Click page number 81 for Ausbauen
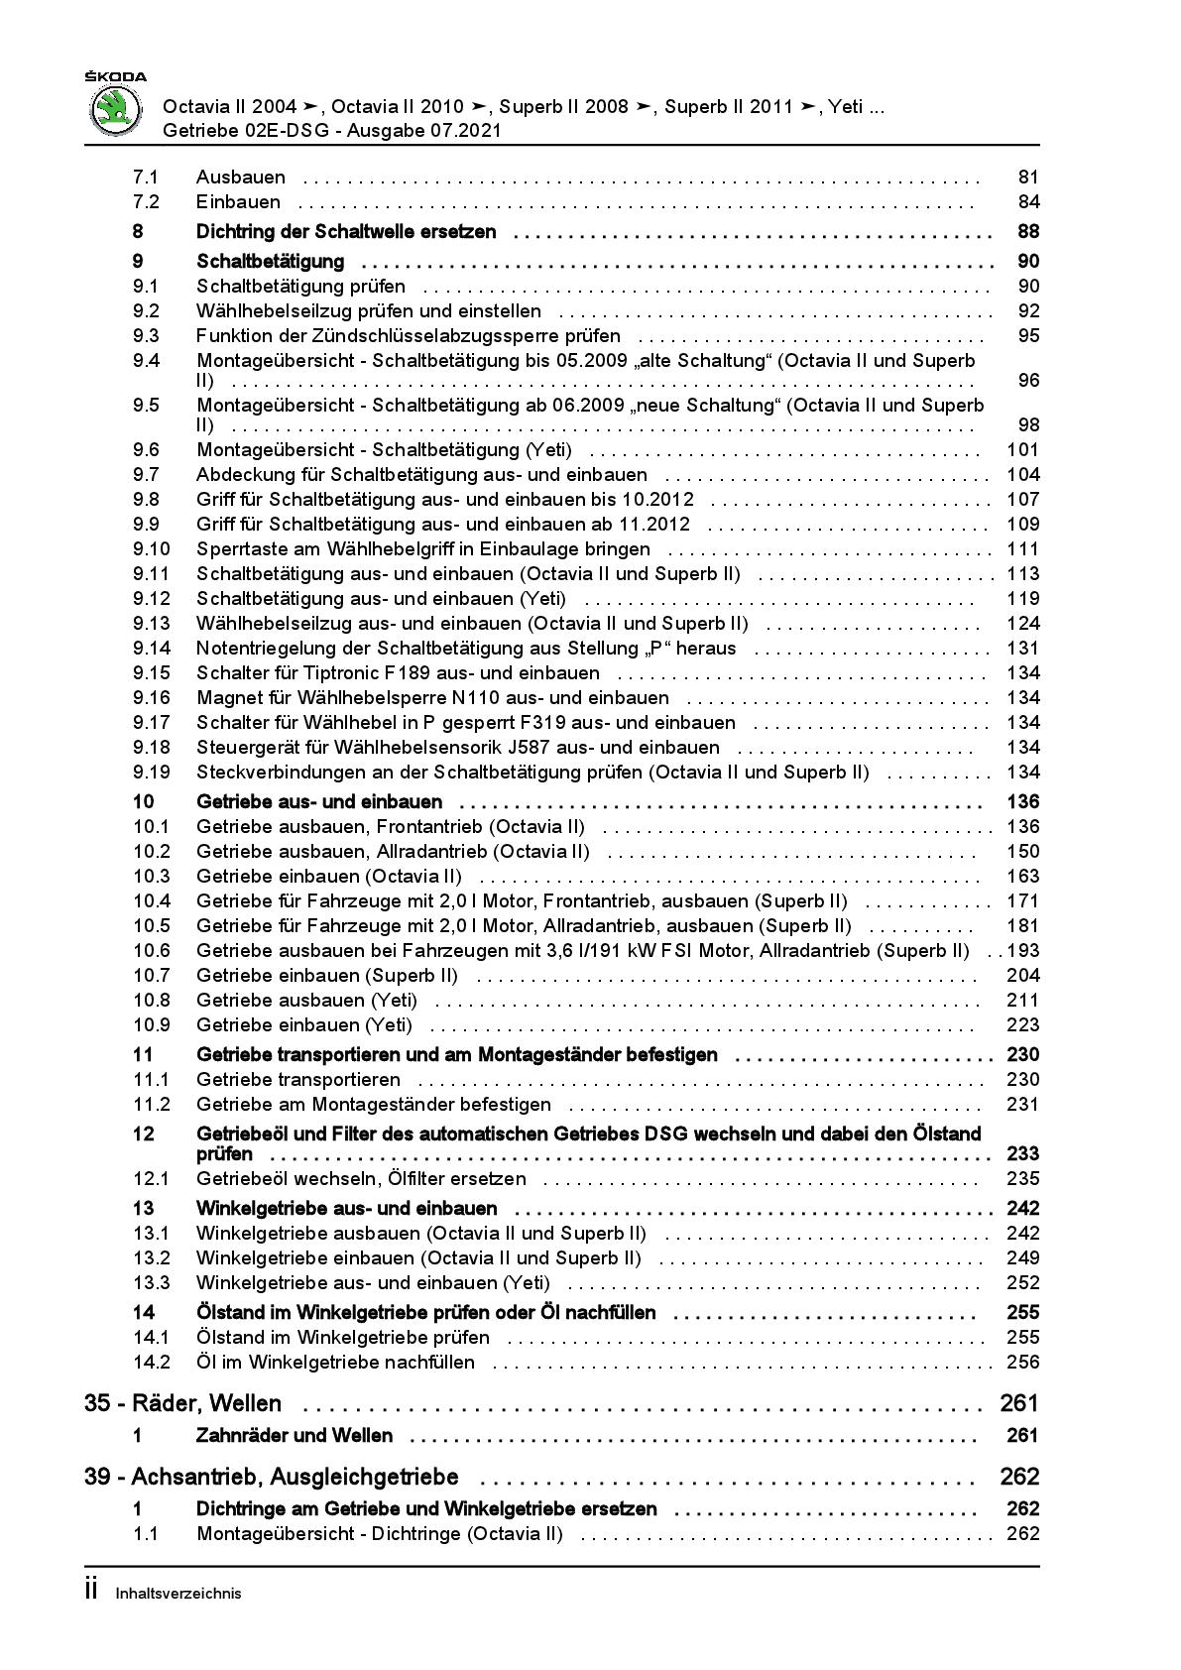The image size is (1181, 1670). [x=1027, y=178]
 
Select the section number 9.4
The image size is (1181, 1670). [x=146, y=361]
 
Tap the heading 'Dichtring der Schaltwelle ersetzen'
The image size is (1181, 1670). [x=346, y=232]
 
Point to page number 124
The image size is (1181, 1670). [x=1022, y=624]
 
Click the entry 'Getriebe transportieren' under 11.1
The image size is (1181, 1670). [x=298, y=1080]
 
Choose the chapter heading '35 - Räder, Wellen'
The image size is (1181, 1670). [x=183, y=1404]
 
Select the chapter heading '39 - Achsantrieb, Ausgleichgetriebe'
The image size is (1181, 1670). [x=272, y=1478]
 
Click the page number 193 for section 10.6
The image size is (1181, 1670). [x=1022, y=951]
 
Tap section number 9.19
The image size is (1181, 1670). [x=151, y=773]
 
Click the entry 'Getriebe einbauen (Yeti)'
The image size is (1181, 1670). [x=304, y=1025]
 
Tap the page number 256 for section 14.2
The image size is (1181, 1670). [x=1022, y=1363]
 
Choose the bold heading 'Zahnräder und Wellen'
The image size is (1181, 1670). [x=295, y=1436]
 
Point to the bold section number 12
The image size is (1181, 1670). [x=143, y=1134]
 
